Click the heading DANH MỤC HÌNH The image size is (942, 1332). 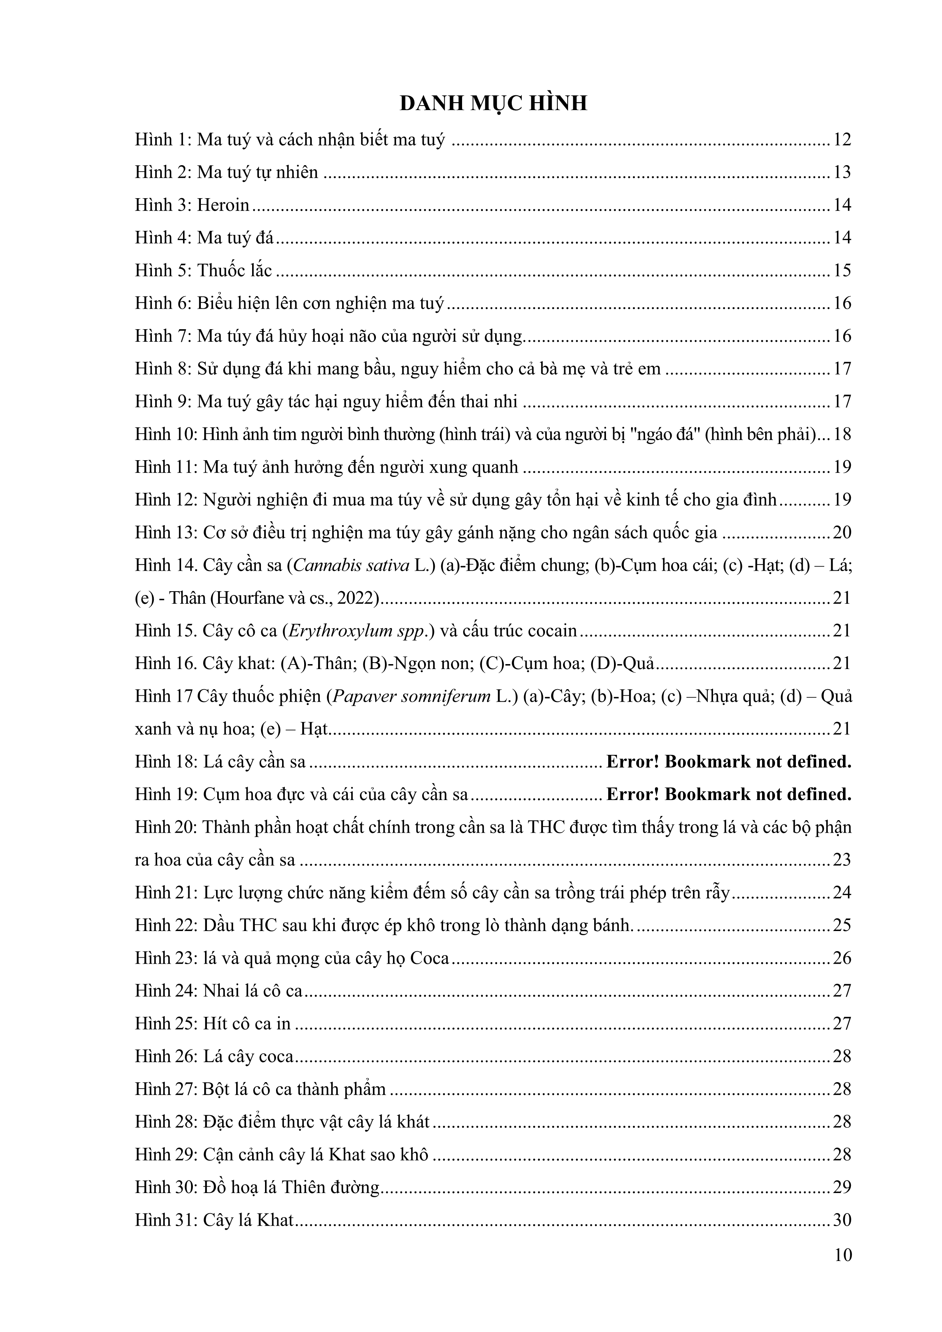coord(493,103)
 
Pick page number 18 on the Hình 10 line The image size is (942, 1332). coord(842,434)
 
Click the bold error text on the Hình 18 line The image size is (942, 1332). coord(729,761)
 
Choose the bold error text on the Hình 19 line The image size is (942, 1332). coord(729,794)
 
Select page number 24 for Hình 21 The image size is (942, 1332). coord(842,892)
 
